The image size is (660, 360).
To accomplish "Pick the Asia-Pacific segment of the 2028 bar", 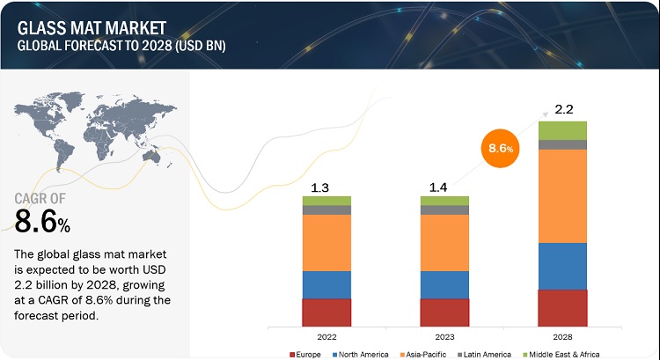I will pos(562,195).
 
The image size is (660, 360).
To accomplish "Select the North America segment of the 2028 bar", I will pos(562,266).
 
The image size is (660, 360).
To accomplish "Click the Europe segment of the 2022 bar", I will pos(326,312).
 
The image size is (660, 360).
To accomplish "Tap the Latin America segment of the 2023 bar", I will pos(444,209).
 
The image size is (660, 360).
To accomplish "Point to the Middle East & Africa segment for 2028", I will pos(562,130).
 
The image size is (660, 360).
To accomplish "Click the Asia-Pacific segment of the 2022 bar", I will pos(326,243).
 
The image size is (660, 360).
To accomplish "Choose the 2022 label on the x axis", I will pos(326,335).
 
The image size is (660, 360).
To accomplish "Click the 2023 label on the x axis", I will pos(444,335).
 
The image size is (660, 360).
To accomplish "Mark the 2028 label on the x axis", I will pos(562,335).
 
